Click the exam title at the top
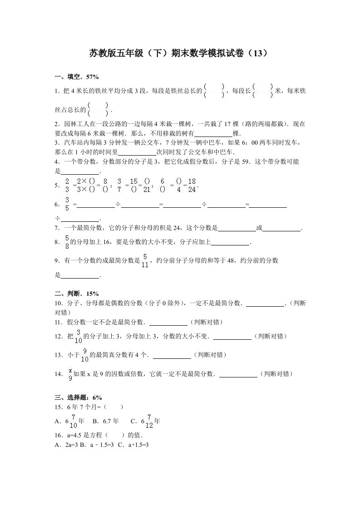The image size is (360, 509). click(x=180, y=54)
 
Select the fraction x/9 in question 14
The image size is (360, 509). click(x=69, y=374)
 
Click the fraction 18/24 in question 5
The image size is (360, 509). click(x=192, y=185)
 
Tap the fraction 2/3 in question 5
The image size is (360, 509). click(x=67, y=185)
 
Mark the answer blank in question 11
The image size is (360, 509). click(x=168, y=323)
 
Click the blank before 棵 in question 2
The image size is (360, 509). click(x=213, y=134)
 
